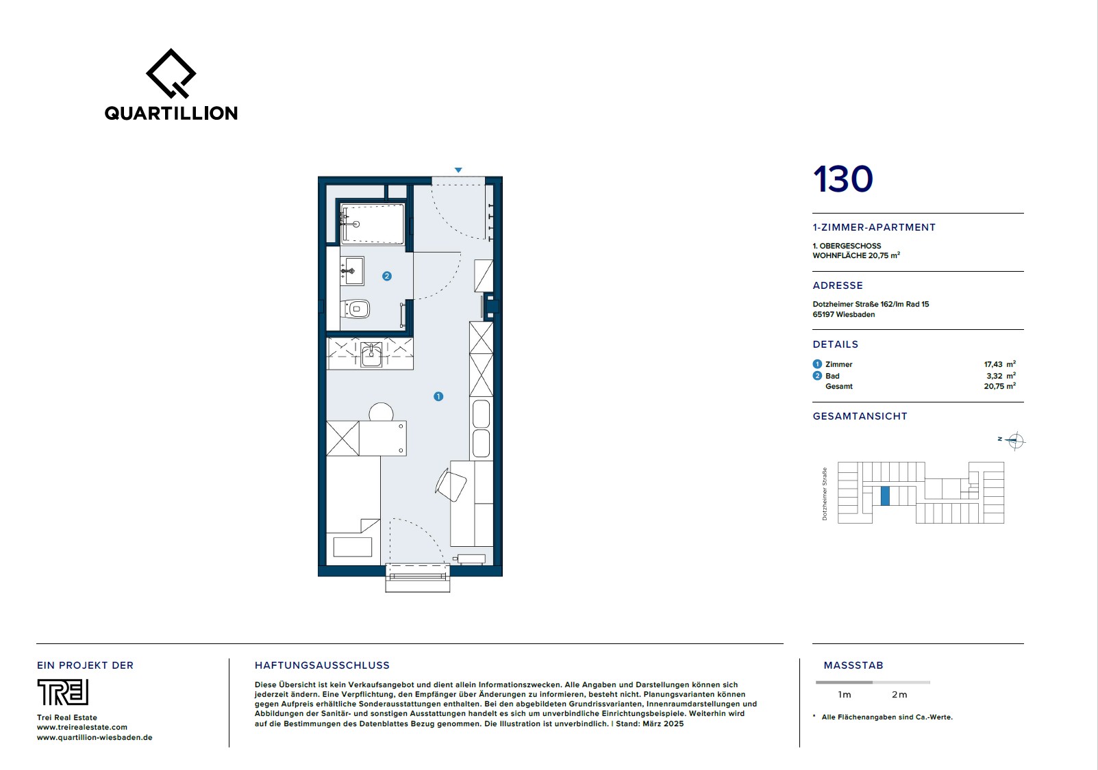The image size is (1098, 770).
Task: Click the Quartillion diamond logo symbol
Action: (x=171, y=73)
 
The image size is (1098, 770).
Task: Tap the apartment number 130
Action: (x=843, y=179)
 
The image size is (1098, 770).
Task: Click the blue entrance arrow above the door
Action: (x=458, y=170)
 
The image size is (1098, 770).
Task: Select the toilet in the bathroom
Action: (x=355, y=309)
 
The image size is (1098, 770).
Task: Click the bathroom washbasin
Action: (x=352, y=271)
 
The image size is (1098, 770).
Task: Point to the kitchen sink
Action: (x=371, y=354)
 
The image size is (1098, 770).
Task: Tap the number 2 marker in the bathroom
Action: (x=387, y=277)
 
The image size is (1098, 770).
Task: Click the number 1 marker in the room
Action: (x=438, y=396)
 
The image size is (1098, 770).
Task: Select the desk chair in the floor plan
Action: (x=451, y=485)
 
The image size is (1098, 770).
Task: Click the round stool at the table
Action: (x=381, y=412)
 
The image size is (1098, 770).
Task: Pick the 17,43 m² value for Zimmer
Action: (x=999, y=364)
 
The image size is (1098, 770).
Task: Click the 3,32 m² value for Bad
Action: (x=1001, y=376)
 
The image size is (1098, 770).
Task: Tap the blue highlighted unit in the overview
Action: (x=885, y=496)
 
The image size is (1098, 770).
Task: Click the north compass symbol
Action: (x=1014, y=441)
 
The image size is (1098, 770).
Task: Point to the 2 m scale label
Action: (x=899, y=695)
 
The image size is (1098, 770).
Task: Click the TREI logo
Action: (x=63, y=692)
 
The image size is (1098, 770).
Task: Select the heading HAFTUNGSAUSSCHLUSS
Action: (x=322, y=665)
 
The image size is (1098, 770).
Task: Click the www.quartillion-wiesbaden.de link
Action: (x=95, y=737)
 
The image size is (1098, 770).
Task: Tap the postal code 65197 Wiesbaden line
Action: (x=844, y=314)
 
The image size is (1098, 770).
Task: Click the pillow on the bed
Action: (x=353, y=547)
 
